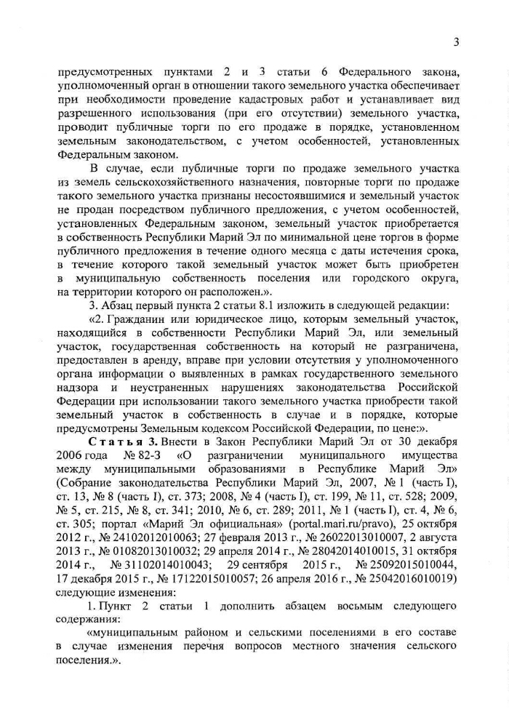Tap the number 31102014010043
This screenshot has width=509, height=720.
pos(160,559)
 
